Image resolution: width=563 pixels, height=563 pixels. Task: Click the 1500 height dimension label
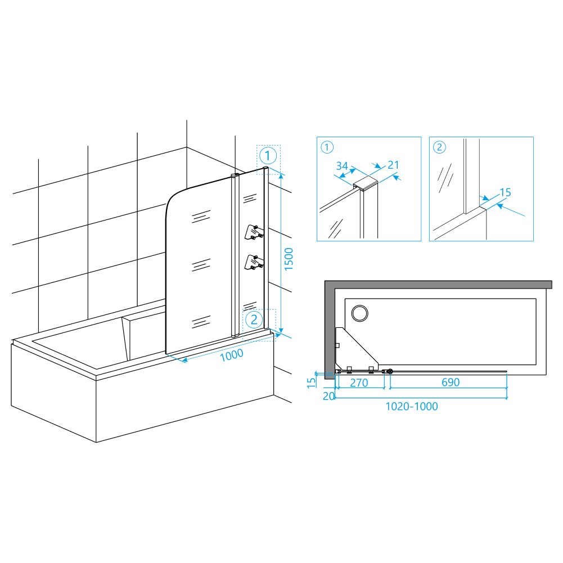[x=289, y=259]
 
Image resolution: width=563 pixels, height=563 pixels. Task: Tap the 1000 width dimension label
[x=232, y=355]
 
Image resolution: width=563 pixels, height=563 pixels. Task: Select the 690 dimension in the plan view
[x=451, y=382]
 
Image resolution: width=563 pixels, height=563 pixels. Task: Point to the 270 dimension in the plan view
[x=359, y=383]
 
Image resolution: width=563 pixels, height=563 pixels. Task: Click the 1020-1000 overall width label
[x=412, y=407]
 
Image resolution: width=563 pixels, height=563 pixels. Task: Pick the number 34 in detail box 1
[x=342, y=166]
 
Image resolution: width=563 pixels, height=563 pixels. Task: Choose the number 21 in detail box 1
[x=394, y=165]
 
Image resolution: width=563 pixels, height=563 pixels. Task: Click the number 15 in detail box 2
[x=505, y=192]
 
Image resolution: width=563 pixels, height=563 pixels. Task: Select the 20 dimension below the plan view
[x=329, y=396]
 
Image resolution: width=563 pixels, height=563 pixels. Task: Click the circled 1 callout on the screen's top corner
[x=268, y=156]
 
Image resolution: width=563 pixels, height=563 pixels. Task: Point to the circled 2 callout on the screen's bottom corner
[x=254, y=319]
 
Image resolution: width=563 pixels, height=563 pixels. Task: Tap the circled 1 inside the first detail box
[x=327, y=147]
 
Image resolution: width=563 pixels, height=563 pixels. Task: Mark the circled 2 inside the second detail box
[x=439, y=147]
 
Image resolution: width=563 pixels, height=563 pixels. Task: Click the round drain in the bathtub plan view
[x=359, y=313]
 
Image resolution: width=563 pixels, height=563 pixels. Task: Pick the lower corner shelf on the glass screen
[x=254, y=262]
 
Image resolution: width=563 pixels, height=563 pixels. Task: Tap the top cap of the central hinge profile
[x=235, y=175]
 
